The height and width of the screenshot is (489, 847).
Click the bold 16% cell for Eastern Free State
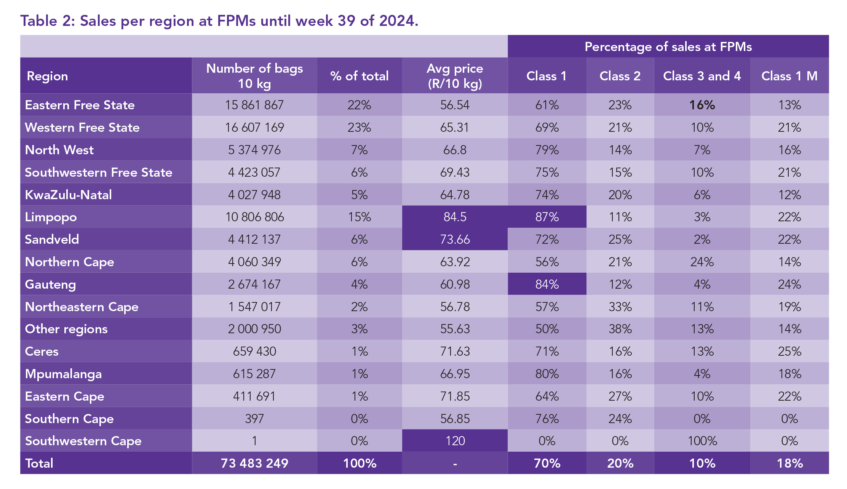[x=702, y=105]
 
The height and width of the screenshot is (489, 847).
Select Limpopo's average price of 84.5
[x=455, y=217]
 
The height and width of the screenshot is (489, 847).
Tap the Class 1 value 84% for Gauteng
[x=547, y=284]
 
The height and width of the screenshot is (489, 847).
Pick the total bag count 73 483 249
[x=254, y=463]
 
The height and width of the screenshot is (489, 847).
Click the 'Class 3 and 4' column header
[x=702, y=76]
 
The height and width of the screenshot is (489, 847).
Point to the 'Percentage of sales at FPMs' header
[x=668, y=47]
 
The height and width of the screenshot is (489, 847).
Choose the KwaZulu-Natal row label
[x=69, y=195]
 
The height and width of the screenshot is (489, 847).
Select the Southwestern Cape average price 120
[x=455, y=441]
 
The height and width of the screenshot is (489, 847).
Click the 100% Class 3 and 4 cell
[x=702, y=441]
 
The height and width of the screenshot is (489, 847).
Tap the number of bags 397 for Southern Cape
[x=254, y=419]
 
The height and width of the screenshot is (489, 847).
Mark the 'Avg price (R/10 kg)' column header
[x=455, y=76]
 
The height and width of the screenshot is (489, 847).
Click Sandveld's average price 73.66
[x=455, y=240]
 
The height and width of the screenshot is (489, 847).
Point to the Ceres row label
[x=42, y=352]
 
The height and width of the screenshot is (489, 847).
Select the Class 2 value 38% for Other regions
[x=620, y=329]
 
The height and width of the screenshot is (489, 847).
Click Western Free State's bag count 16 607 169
[x=254, y=128]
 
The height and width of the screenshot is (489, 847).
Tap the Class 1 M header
[x=789, y=76]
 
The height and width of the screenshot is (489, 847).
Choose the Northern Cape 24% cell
[x=702, y=262]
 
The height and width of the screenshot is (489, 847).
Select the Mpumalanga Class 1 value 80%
[x=547, y=374]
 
